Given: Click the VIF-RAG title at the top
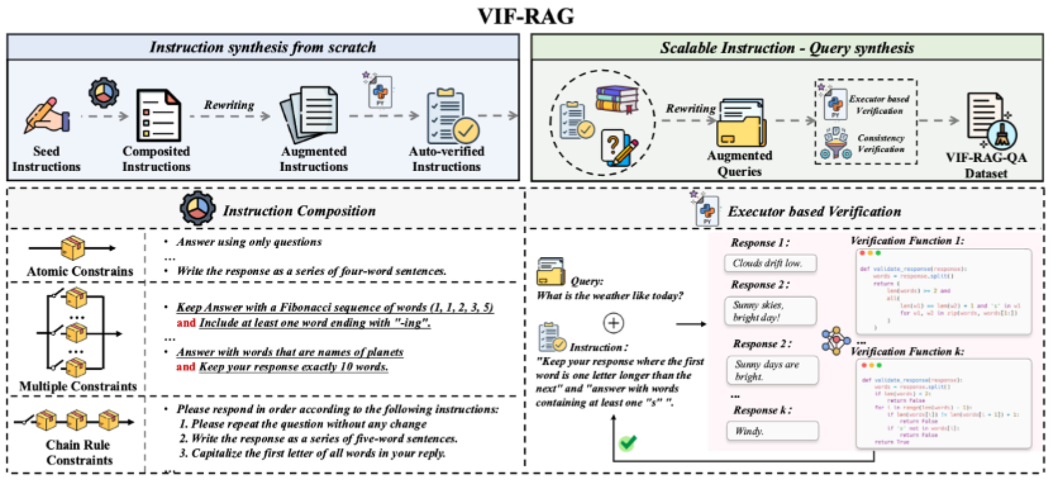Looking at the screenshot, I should point(525,15).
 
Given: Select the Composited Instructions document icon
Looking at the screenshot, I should point(158,115).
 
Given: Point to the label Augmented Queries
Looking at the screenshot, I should point(739,163).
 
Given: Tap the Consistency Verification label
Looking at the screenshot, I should point(881,143).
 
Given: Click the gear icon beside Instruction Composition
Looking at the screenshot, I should point(197,209).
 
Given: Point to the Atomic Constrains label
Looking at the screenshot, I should point(80,271).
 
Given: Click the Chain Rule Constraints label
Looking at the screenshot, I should point(79,452).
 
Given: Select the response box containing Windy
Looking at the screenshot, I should point(772,431).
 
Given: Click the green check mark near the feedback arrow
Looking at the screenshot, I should point(627,443).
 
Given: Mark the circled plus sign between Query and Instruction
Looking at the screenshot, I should point(613,323).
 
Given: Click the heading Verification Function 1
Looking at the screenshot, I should point(907,241).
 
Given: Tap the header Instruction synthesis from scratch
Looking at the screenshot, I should point(262,48).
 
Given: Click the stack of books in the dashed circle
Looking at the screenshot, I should point(616,99).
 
